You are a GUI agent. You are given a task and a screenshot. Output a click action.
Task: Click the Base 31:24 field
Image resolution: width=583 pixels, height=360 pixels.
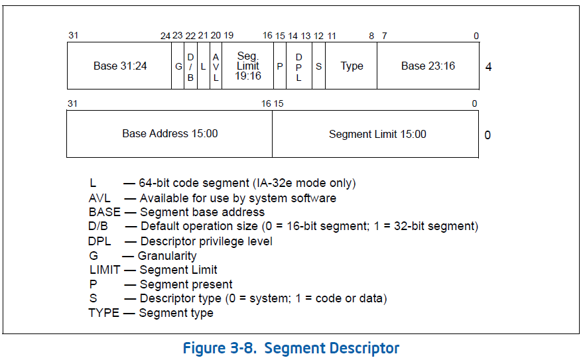(119, 66)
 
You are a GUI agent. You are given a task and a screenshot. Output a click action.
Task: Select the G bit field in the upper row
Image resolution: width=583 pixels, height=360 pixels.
(178, 66)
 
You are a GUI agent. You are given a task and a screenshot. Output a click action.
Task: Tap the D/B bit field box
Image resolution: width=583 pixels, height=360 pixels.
(190, 66)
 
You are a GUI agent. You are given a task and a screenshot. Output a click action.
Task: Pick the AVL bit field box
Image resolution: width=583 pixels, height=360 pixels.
(216, 66)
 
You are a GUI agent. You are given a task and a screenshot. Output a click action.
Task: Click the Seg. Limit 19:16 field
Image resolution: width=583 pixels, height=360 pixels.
(247, 66)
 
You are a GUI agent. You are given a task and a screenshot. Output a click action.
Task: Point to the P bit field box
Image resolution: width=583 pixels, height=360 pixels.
(280, 66)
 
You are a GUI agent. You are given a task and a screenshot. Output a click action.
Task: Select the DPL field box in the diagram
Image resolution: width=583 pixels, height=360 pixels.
(299, 66)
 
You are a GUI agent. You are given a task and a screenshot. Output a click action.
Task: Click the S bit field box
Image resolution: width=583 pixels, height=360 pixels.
(318, 66)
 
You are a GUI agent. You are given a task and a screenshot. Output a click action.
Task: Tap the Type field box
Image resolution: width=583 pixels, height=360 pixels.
(352, 66)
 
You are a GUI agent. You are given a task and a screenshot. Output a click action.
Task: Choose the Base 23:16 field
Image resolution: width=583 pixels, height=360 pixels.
(428, 66)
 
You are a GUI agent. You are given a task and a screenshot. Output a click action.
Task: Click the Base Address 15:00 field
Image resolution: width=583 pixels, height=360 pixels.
(170, 134)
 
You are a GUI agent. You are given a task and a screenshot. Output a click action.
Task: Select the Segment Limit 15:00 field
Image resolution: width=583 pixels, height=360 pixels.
(377, 134)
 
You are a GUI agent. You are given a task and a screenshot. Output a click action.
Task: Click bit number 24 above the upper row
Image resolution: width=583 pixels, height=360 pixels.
(165, 36)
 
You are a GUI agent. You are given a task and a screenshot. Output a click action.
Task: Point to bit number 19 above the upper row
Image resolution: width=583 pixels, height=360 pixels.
(228, 36)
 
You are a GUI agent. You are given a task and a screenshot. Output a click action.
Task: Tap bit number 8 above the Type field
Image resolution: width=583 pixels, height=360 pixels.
(371, 36)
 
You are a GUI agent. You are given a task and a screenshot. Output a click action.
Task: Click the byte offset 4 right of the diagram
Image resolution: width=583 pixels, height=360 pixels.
(489, 66)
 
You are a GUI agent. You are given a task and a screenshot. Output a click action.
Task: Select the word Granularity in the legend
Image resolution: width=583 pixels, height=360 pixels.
(167, 256)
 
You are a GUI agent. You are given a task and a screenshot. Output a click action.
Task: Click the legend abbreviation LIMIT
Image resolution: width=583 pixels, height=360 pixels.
(105, 270)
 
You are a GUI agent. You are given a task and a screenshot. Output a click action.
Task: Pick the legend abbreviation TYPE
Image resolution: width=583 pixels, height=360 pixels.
(103, 313)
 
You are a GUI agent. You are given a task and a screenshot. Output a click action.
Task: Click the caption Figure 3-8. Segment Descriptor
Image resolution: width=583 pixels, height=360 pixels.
(291, 348)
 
